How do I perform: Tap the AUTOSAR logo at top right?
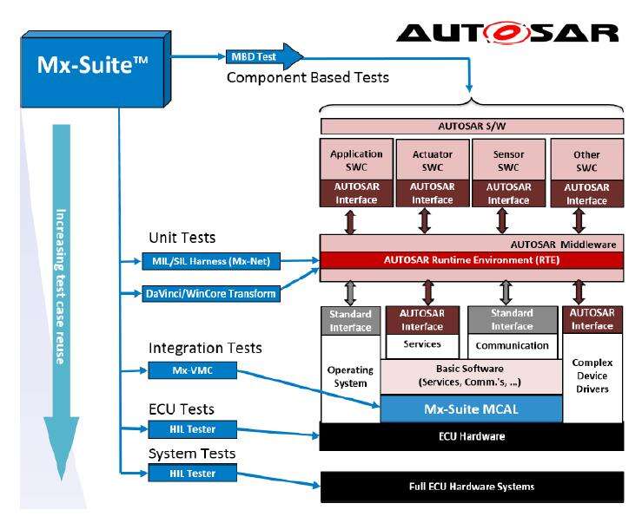[x=507, y=32]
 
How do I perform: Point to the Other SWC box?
[x=586, y=160]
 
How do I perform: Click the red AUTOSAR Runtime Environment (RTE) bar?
[x=472, y=259]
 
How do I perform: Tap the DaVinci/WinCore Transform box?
[x=210, y=294]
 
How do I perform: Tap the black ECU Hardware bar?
[x=472, y=436]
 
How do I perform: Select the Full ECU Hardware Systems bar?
[x=472, y=486]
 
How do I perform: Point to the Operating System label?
[x=350, y=376]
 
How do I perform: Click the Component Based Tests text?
[x=308, y=78]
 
